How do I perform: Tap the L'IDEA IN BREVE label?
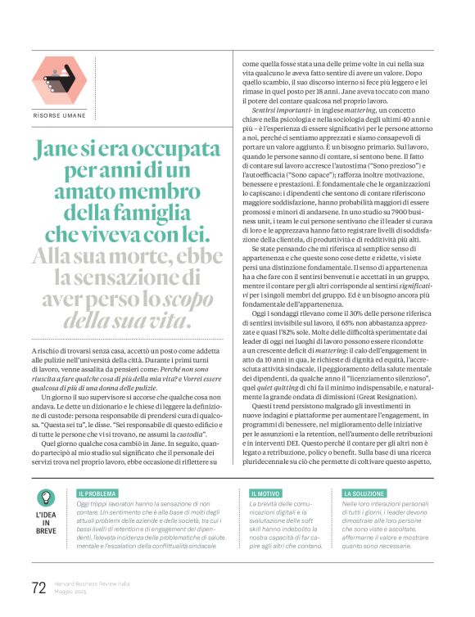47,525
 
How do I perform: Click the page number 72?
38,587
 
